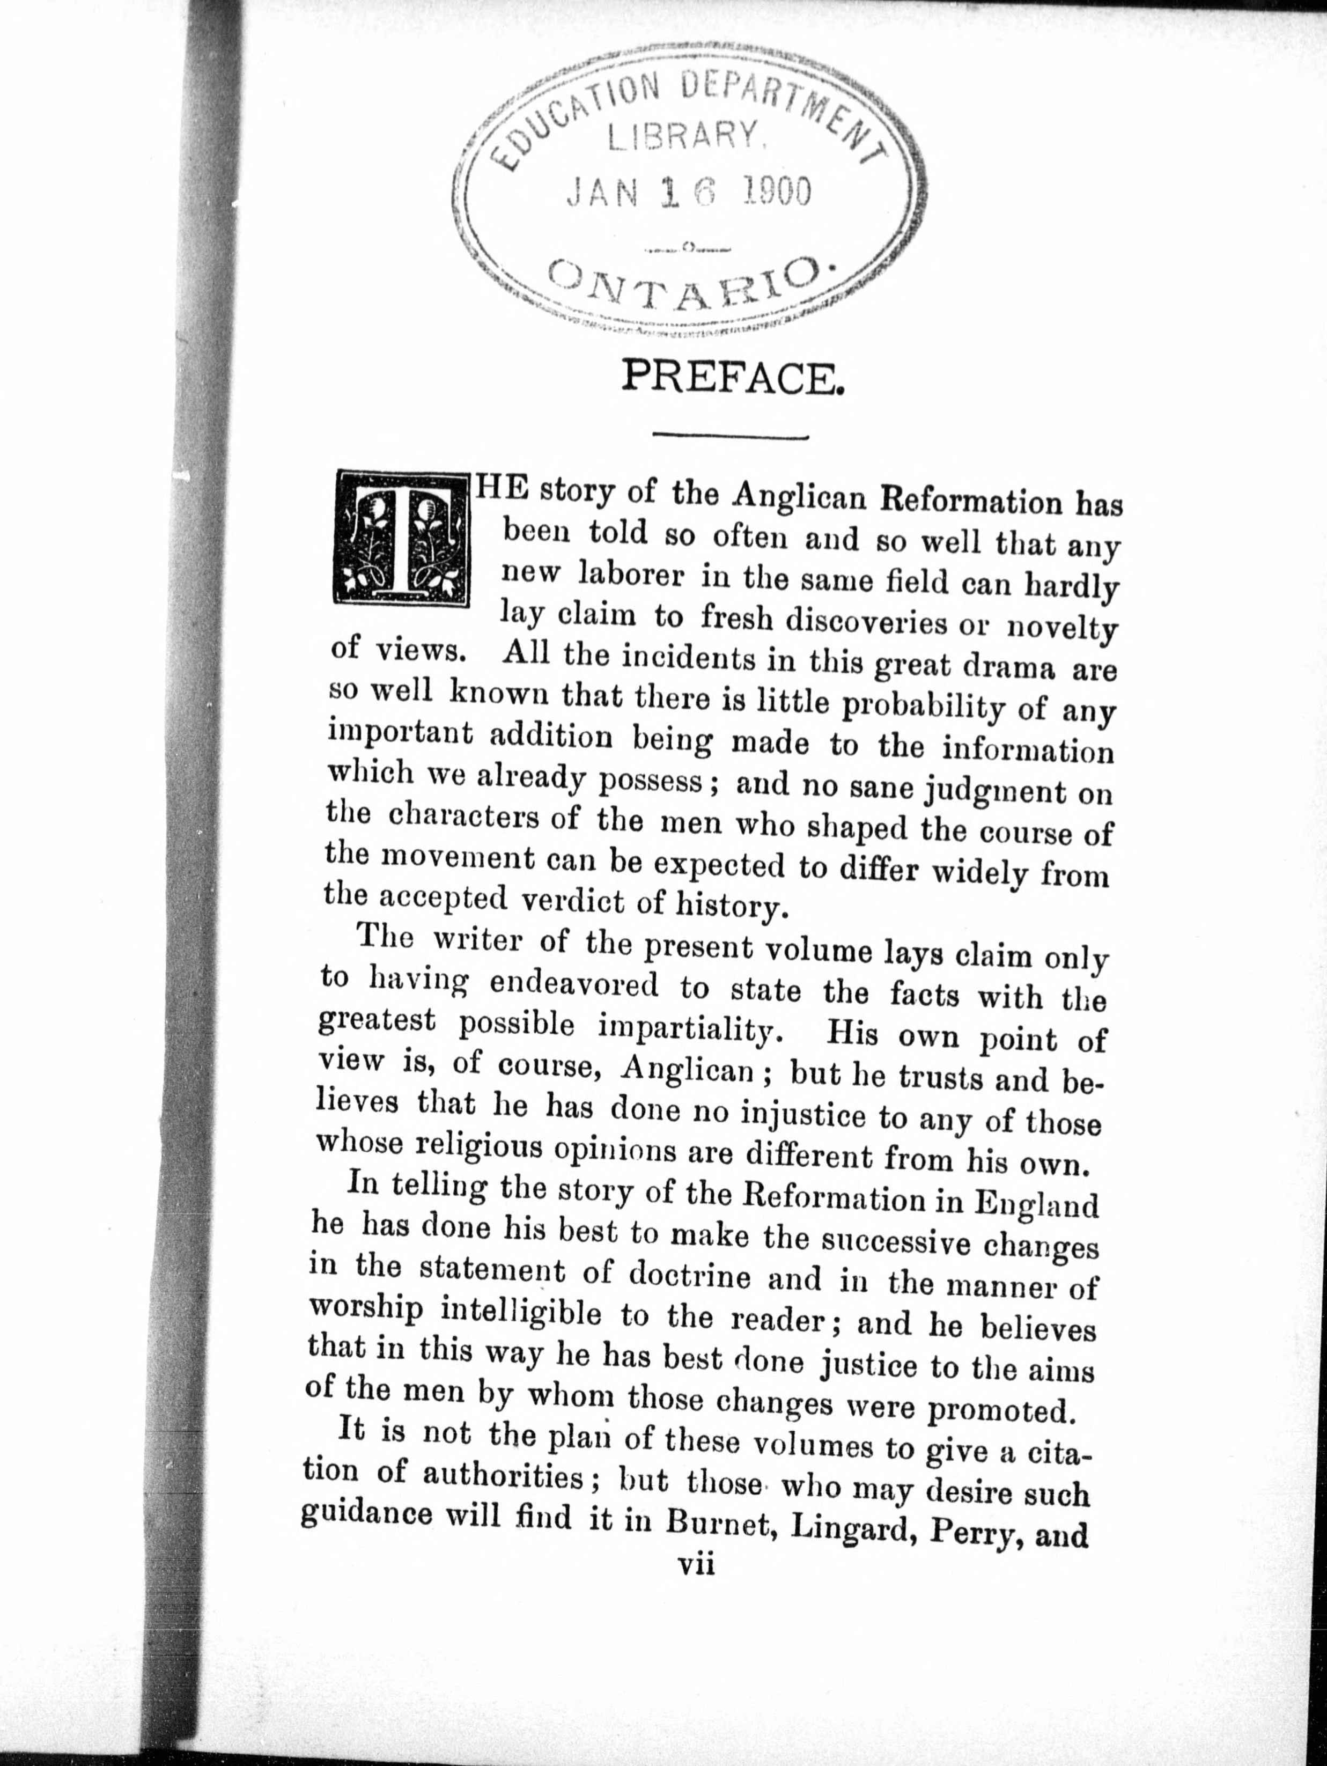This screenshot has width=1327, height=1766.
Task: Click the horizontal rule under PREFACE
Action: [731, 437]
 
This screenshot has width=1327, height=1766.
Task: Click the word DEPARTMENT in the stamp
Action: [791, 112]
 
